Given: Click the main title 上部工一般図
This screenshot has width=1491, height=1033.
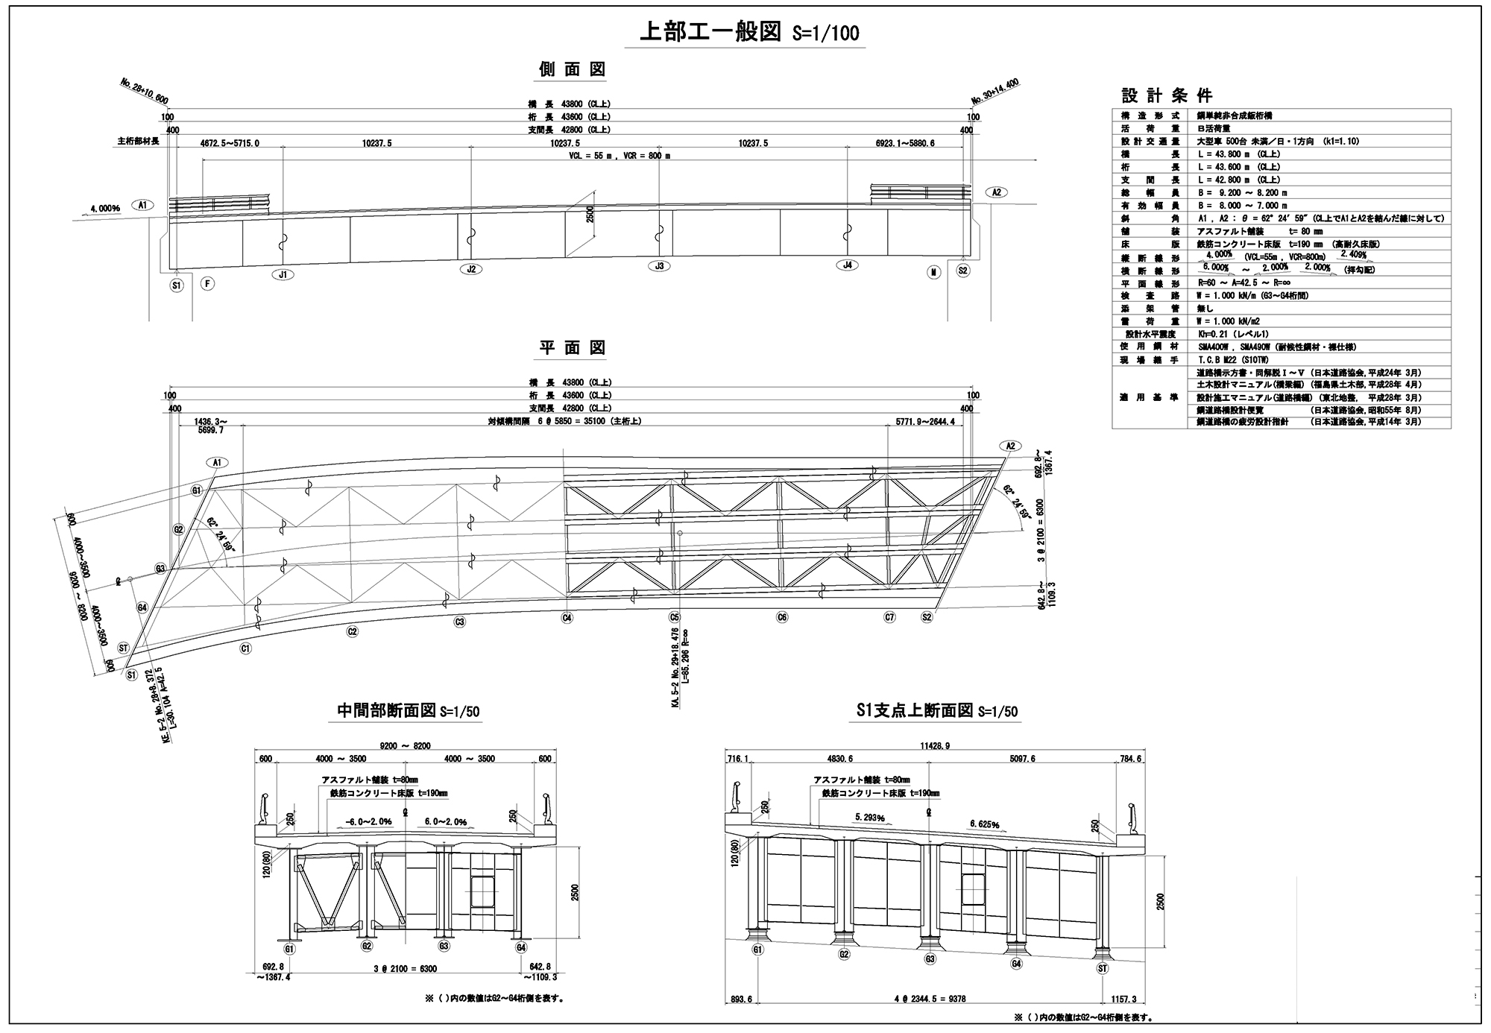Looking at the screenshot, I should (x=710, y=32).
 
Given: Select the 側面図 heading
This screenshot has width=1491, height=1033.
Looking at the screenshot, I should (x=573, y=69).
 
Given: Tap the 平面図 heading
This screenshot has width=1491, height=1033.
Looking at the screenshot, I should (x=573, y=347).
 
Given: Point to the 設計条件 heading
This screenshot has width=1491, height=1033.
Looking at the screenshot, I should (x=1167, y=95).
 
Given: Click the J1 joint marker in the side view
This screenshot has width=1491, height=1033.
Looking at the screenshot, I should (x=283, y=274).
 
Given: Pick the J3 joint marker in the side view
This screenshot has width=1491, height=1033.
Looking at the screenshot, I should (x=658, y=266).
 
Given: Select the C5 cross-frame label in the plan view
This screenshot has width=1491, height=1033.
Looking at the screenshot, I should (x=675, y=617).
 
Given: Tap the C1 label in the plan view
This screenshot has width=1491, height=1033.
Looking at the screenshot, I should (x=245, y=648).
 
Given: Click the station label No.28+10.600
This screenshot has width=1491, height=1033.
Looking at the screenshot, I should (x=143, y=92).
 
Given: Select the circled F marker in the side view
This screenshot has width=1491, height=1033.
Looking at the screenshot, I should (x=208, y=283).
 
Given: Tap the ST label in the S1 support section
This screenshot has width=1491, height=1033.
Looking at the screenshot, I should (x=1103, y=968).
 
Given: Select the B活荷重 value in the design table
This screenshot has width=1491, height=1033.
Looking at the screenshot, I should (x=1214, y=128).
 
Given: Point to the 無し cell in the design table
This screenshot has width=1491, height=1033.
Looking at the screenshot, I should (x=1205, y=309).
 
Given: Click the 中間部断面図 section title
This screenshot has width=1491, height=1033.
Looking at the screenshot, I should (x=387, y=710).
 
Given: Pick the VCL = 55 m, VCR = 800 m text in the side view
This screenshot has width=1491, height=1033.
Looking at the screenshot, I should (x=619, y=156).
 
